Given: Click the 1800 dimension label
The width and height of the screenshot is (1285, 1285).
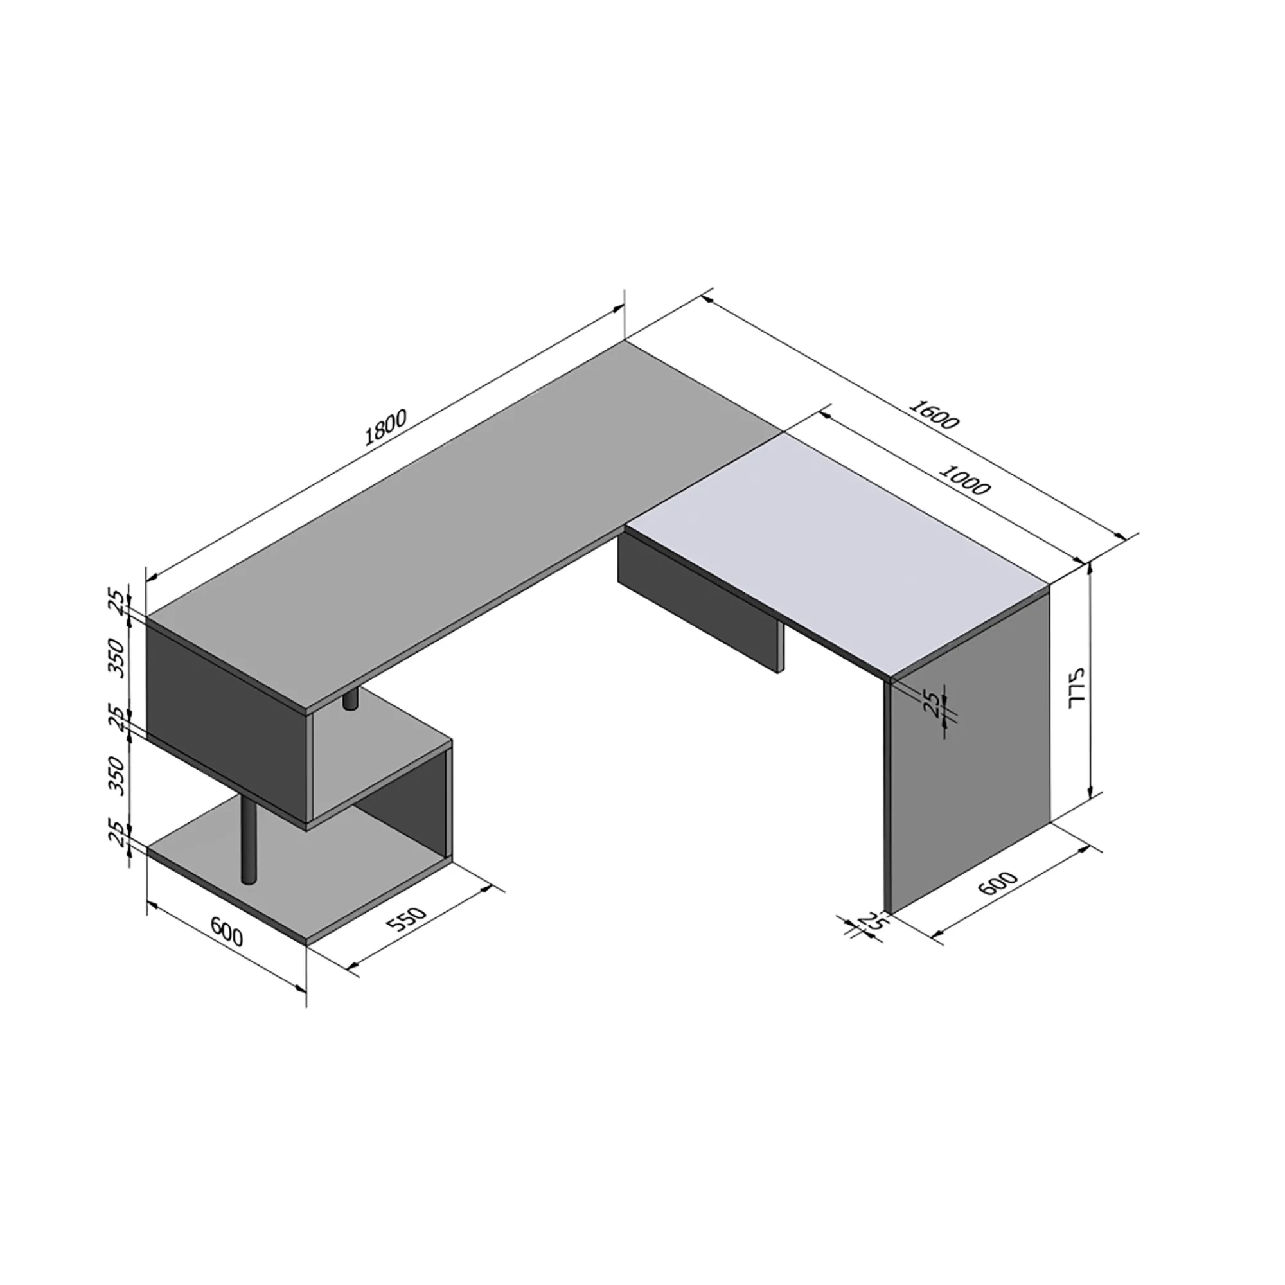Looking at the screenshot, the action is coord(385,428).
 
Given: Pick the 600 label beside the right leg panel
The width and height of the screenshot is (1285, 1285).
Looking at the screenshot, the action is coord(998,883).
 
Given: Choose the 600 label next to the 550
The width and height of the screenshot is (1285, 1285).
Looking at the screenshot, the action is coord(227,931).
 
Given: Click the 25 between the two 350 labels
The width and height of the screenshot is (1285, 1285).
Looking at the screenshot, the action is coord(117,719).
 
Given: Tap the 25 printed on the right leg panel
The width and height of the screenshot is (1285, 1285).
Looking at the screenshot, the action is coord(934,704).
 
